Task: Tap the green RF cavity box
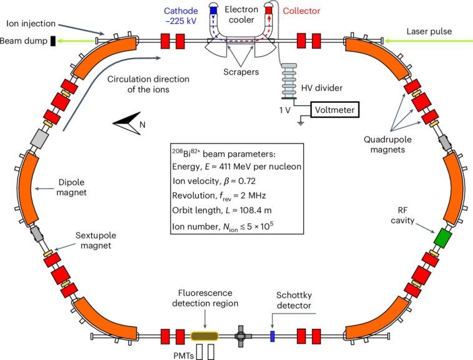pos(442,238)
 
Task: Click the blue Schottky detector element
pos(272,336)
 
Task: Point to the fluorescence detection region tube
pos(209,336)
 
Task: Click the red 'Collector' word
pos(301,11)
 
